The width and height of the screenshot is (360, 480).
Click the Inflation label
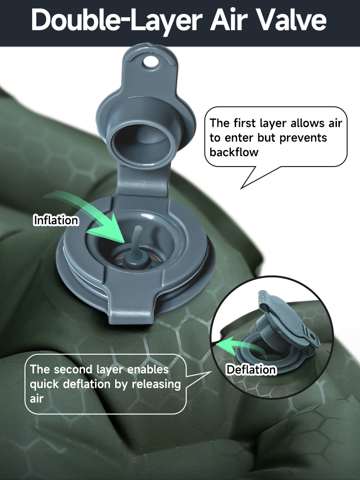pos(56,220)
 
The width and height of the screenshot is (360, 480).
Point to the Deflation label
pos(251,370)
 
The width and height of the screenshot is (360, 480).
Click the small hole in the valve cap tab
pos(150,61)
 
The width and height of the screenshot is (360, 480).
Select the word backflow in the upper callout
pos(234,152)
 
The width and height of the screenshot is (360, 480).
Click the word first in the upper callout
pos(244,123)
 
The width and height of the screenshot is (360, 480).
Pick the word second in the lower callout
pos(73,369)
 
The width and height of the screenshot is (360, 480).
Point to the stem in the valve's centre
pos(136,245)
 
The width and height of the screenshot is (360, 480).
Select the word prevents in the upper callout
pos(303,138)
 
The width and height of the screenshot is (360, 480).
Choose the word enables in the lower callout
pos(147,369)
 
